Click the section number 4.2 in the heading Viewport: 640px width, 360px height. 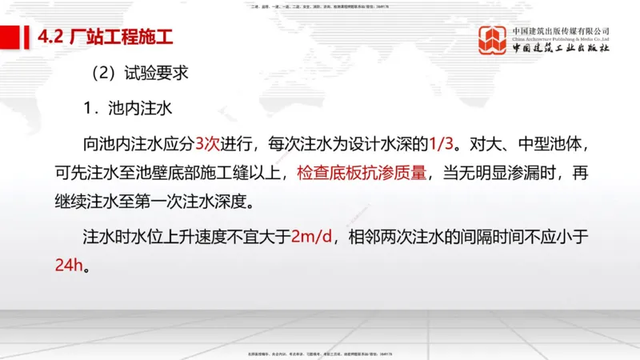click(x=52, y=36)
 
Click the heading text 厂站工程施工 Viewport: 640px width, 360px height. click(x=118, y=36)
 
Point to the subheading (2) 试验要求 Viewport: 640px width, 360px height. click(x=139, y=74)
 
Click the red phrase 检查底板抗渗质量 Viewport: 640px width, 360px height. click(x=365, y=172)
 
